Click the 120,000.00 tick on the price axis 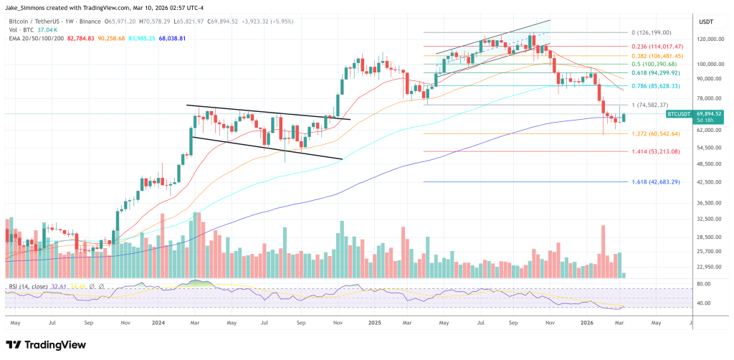[707, 39]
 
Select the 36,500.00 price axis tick [707, 203]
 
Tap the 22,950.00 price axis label [707, 267]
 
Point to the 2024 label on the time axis [159, 322]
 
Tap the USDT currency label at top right [706, 22]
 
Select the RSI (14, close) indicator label [29, 286]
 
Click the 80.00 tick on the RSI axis [704, 284]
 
